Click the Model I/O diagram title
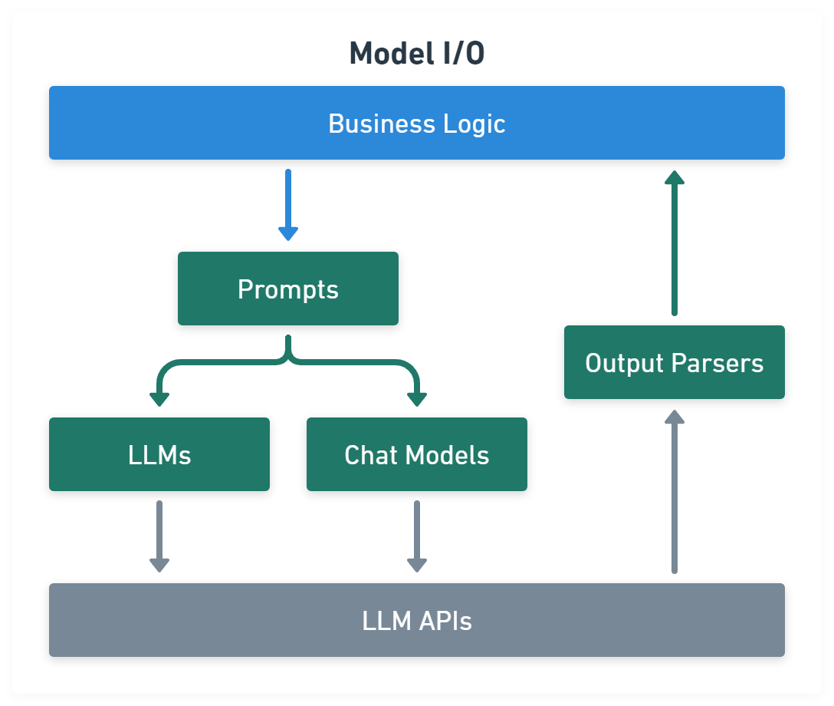coord(416,54)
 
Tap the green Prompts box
coord(288,289)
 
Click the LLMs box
coord(159,454)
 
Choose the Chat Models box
coord(417,454)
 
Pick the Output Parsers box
coord(675,362)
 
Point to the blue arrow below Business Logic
coord(288,204)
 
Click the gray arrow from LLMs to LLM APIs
coord(159,536)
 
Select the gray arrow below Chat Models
coord(417,536)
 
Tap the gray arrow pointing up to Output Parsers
coord(675,491)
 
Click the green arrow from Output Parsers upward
coord(675,242)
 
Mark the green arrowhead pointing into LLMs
coord(159,398)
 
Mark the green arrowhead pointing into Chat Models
coord(417,398)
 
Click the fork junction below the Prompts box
coord(288,355)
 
